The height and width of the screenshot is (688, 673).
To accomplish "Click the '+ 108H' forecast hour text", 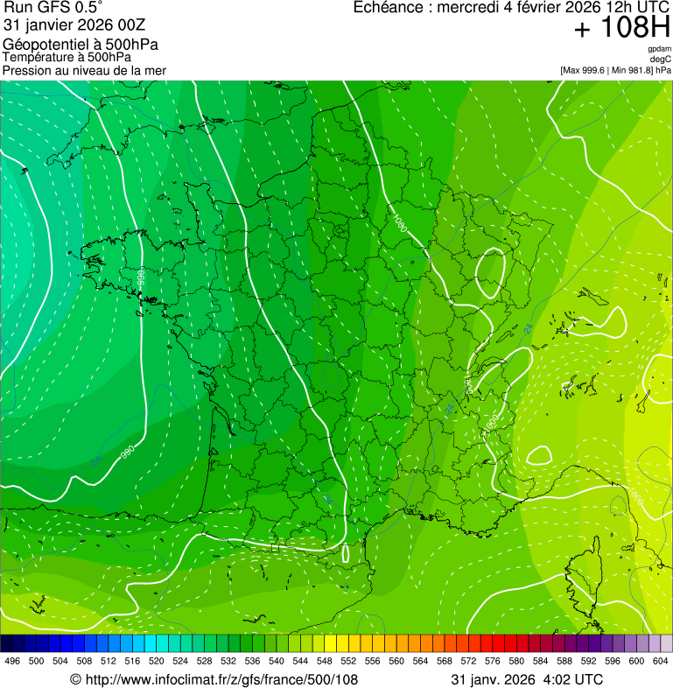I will click(x=621, y=29).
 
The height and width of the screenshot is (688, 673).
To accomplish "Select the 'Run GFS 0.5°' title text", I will click(x=53, y=9).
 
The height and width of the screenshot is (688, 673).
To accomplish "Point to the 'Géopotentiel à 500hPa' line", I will click(x=81, y=45).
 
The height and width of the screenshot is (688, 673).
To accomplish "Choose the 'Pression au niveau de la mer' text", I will click(x=84, y=70).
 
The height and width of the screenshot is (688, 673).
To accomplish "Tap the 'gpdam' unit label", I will click(x=659, y=49).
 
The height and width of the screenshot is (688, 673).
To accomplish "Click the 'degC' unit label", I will click(x=661, y=60).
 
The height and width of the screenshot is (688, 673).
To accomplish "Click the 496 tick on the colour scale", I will click(x=12, y=662).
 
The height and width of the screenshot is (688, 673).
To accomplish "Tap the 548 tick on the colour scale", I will click(x=324, y=662).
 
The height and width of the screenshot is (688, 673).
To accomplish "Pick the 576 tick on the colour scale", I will click(x=492, y=662).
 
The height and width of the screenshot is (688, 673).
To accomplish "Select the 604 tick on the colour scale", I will click(x=660, y=662).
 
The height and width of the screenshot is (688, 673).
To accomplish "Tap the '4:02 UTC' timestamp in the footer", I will click(x=573, y=679).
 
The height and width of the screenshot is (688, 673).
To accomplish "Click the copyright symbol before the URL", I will click(x=75, y=679).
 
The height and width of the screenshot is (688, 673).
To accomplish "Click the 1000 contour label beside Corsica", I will click(x=636, y=497).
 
